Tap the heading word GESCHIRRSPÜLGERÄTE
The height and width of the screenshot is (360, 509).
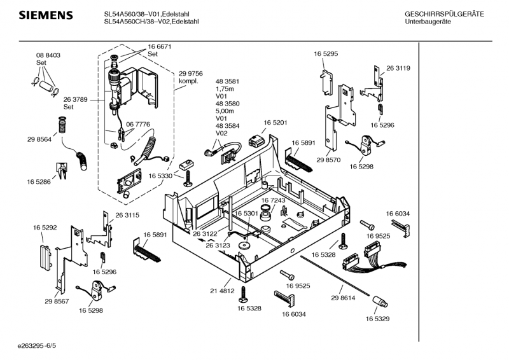click(x=443, y=14)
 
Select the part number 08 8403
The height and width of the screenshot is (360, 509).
click(x=48, y=56)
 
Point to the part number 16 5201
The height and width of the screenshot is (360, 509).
click(x=275, y=122)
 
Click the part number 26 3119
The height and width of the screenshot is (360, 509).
click(x=398, y=68)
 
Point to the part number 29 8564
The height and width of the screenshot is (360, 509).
click(x=39, y=139)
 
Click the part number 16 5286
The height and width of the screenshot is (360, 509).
click(x=39, y=182)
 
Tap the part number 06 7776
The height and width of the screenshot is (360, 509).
click(x=138, y=124)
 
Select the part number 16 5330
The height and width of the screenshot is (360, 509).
click(x=161, y=176)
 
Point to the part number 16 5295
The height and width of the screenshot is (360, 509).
click(x=325, y=55)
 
